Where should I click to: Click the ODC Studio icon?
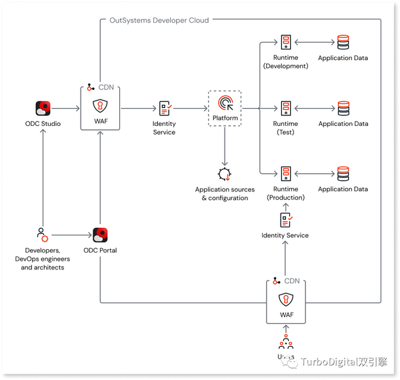(43, 108)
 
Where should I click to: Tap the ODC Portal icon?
(101, 235)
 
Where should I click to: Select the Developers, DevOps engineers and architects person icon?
(42, 235)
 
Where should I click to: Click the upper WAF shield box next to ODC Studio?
(100, 111)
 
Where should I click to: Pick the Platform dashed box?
(225, 108)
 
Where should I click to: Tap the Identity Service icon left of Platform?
(164, 109)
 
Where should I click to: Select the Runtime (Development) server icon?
(285, 43)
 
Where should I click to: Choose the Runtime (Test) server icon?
(285, 108)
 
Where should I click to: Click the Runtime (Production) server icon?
(285, 174)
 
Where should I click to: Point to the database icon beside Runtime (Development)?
(343, 43)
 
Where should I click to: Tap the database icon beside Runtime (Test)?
(343, 108)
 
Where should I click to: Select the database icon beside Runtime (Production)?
(343, 174)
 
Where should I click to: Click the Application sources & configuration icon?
(225, 175)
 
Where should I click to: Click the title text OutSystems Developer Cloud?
(159, 21)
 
